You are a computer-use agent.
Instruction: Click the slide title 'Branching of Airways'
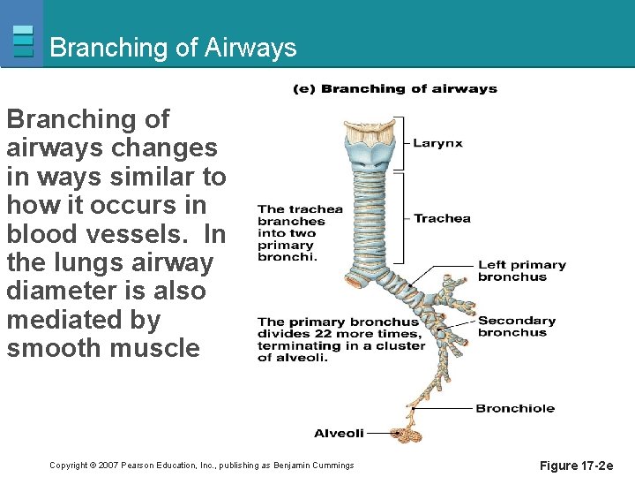(x=173, y=47)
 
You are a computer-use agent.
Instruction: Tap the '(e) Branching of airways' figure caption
(x=395, y=88)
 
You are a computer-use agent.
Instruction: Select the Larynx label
(x=438, y=143)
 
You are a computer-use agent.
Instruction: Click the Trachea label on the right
(x=442, y=218)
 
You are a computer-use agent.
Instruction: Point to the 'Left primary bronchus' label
(x=521, y=270)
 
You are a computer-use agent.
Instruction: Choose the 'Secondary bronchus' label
(x=517, y=326)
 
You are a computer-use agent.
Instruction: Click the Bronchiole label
(x=515, y=408)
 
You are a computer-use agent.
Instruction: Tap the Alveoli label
(x=339, y=433)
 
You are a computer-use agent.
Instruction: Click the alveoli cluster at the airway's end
(x=406, y=434)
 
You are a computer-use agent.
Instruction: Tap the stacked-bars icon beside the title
(x=24, y=41)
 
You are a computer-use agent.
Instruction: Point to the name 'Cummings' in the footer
(x=331, y=466)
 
